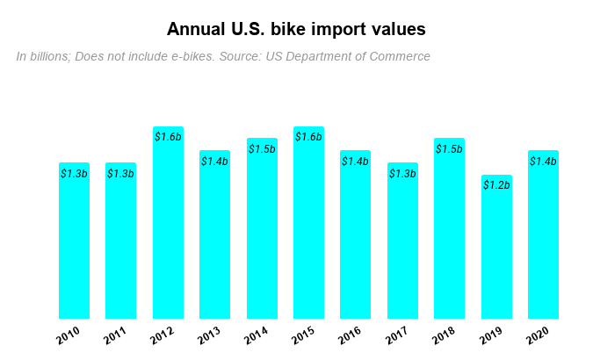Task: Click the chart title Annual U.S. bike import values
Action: pos(296,30)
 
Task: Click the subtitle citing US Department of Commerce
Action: pos(223,56)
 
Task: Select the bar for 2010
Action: pos(74,241)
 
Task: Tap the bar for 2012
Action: pos(168,223)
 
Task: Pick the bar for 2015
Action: pos(308,223)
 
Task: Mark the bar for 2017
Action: pos(402,241)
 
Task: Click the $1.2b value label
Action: pos(496,185)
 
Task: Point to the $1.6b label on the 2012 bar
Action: pos(168,137)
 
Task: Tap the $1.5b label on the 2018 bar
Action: pos(449,149)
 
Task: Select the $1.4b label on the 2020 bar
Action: pos(543,162)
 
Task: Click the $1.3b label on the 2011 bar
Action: pos(120,174)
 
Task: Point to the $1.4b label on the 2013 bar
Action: pos(214,162)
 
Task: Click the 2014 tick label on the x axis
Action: pos(257,335)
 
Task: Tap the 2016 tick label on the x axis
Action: pos(351,335)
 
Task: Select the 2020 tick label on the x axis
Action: pos(538,335)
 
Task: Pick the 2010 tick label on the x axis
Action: pos(69,335)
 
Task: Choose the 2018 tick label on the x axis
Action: pos(445,335)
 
